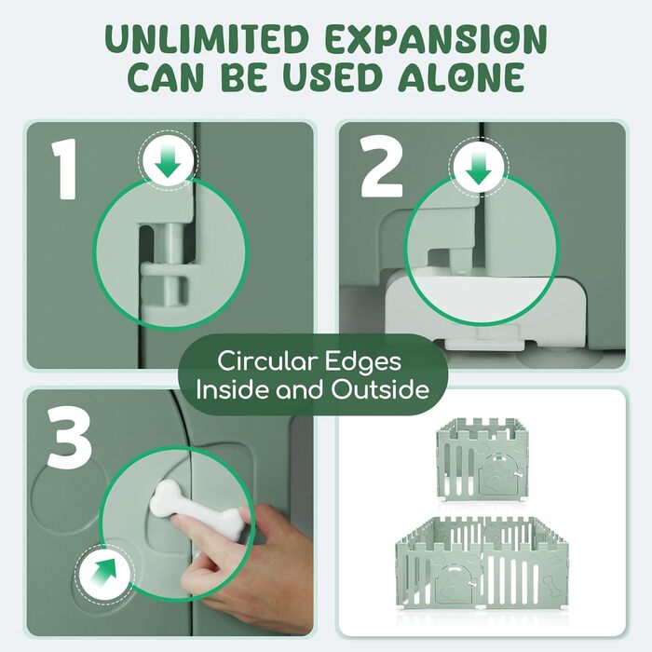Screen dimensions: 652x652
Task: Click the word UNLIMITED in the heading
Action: click(x=207, y=39)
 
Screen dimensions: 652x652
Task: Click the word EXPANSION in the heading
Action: click(x=435, y=39)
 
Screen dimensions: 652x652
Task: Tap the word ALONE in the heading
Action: click(x=461, y=77)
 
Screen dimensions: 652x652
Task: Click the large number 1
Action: click(x=64, y=170)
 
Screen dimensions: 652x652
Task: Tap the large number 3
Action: click(x=69, y=438)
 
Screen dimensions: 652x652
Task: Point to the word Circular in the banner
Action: click(x=265, y=361)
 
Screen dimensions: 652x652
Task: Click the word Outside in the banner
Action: click(x=380, y=390)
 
